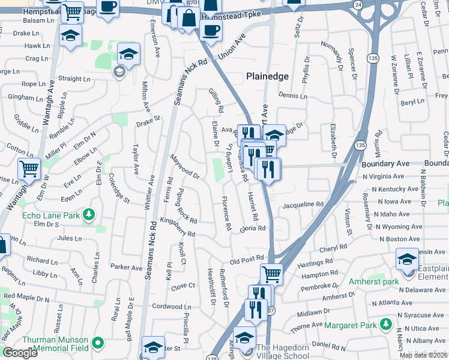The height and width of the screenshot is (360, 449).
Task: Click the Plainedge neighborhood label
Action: [x=267, y=77]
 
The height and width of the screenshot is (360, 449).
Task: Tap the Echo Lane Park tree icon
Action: [x=89, y=214]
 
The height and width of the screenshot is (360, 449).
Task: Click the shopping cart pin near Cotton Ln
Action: [x=29, y=170]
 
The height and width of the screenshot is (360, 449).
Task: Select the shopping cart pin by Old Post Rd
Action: [x=271, y=274]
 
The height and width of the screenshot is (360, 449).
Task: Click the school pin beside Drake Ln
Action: [x=70, y=36]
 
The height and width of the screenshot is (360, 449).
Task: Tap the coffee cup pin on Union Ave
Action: [x=210, y=28]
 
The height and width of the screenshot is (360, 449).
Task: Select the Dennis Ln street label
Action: [x=292, y=96]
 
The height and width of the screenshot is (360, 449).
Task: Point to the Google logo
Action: [x=20, y=353]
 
